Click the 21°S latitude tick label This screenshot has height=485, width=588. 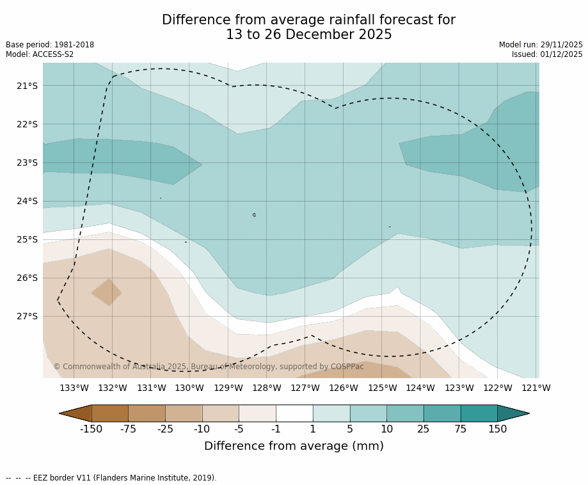[x=27, y=86]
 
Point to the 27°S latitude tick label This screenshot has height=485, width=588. [x=27, y=316]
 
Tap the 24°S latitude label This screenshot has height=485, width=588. [x=27, y=201]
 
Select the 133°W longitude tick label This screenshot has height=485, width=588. [x=74, y=388]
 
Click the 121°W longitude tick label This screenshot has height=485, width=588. [x=536, y=388]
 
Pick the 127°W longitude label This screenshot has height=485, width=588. [x=305, y=388]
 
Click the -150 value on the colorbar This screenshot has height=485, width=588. [x=91, y=429]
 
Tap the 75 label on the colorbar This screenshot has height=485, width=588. [x=461, y=429]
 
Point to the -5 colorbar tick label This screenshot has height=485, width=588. [x=239, y=429]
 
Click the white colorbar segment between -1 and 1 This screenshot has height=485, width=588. [x=294, y=413]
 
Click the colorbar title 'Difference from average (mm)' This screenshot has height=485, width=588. [x=294, y=447]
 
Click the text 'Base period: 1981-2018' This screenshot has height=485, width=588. [x=50, y=45]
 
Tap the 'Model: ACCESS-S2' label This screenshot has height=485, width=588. [x=40, y=54]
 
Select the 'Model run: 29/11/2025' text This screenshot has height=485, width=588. [x=541, y=45]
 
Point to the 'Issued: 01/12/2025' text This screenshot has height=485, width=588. [x=547, y=54]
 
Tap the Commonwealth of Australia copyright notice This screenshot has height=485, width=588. [x=209, y=367]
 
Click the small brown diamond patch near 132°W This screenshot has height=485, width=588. [x=107, y=292]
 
